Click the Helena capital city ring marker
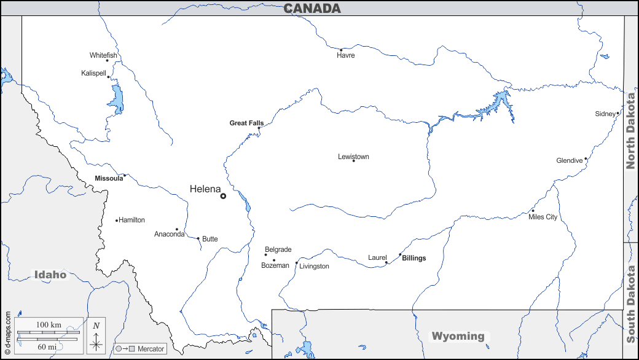pos(223,196)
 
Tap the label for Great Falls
pos(246,123)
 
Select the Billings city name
pos(414,258)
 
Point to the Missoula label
pos(109,178)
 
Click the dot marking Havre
pos(341,50)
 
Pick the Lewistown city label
pos(353,157)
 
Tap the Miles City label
pos(543,217)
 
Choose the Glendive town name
pos(569,160)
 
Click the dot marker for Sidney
pos(617,113)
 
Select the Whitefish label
pos(103,55)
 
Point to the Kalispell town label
pos(93,73)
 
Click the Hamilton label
pos(131,220)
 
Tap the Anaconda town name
pos(169,234)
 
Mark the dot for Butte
pos(198,238)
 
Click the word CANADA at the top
pos(312,8)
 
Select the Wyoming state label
pos(458,336)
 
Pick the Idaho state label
pos(50,275)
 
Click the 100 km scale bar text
pos(49,324)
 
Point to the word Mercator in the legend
pos(151,349)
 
